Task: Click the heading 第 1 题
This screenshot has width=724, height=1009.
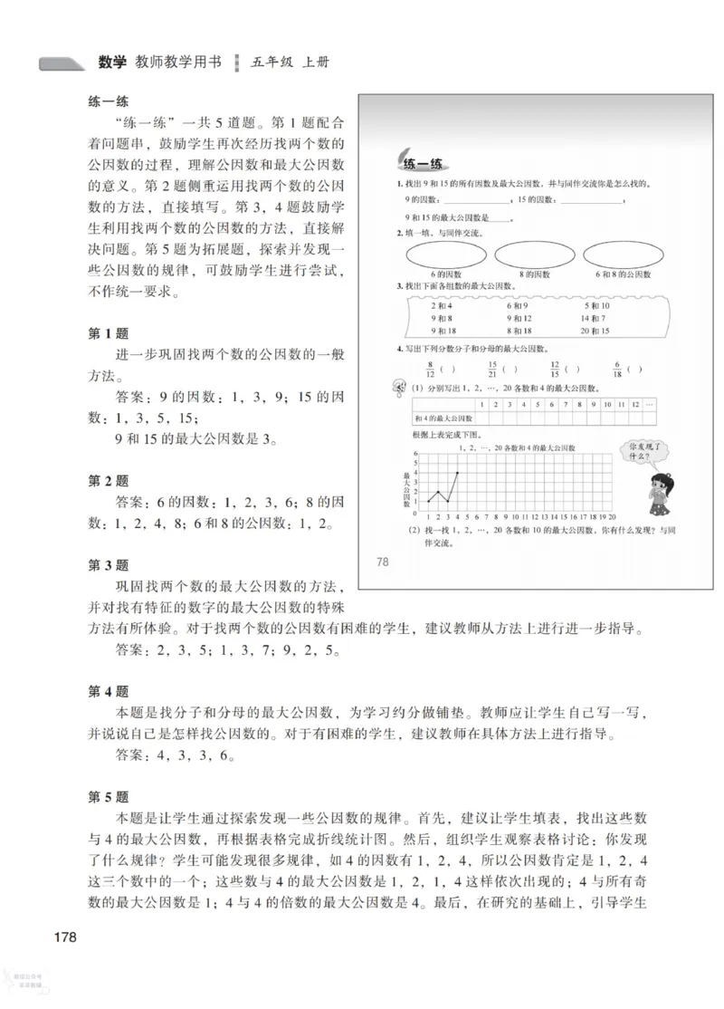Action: (108, 334)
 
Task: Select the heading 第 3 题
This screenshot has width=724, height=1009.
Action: (108, 565)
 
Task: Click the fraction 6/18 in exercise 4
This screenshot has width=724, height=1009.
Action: (614, 369)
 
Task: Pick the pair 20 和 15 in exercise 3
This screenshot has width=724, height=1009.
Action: (596, 331)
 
